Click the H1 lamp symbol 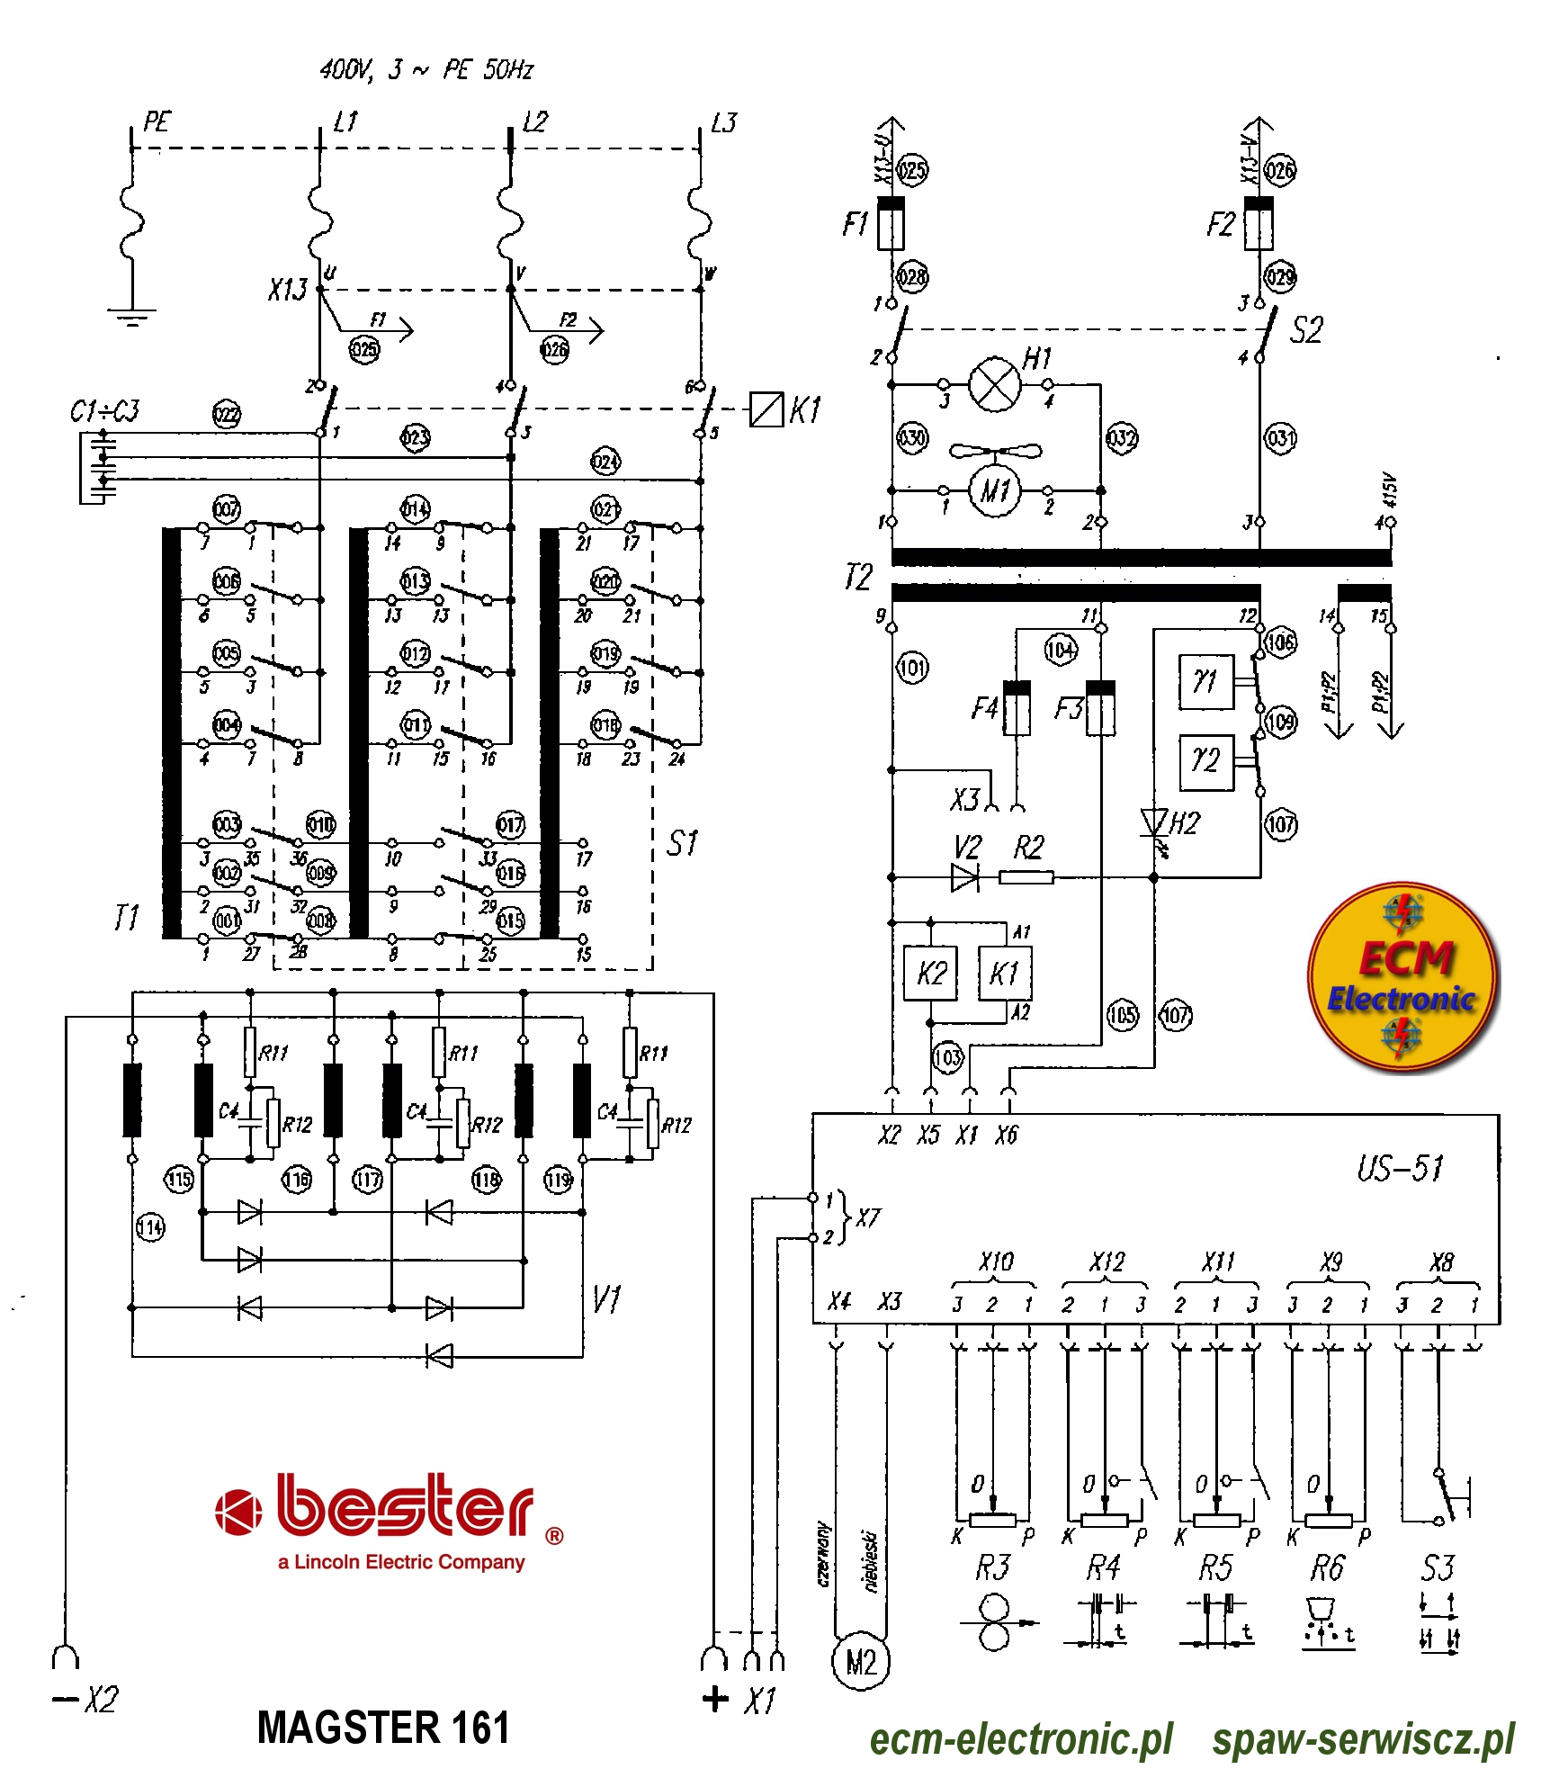[994, 384]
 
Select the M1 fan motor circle [994, 490]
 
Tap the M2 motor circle [861, 1662]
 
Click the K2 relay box [930, 973]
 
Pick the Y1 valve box [1205, 682]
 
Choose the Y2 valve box [1205, 762]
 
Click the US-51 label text [1399, 1168]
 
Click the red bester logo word [405, 1505]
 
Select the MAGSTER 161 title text [383, 1728]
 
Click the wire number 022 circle [226, 415]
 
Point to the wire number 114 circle [150, 1226]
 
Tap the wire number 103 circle [947, 1056]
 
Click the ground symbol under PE [131, 317]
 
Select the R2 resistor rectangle [1026, 876]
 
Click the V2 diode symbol [964, 876]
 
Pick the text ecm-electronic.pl [1020, 1739]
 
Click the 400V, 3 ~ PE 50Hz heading [426, 69]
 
